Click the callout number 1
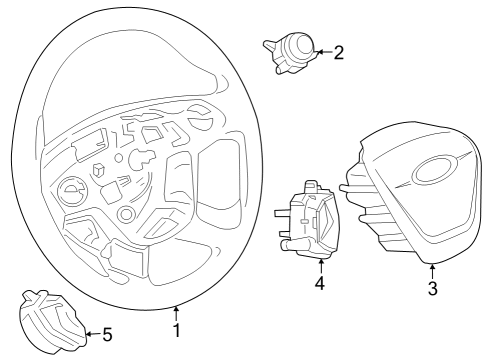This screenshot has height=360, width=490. pos(177,329)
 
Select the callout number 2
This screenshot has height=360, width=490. pos(338,53)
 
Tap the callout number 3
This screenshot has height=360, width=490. pos(432,290)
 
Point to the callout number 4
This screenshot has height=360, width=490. pos(320,283)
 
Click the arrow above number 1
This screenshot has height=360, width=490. pos(177,312)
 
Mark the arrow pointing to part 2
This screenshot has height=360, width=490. pos(321,52)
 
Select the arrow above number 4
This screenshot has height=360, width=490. pos(320,265)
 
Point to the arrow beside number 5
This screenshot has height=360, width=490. pos(90,334)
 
